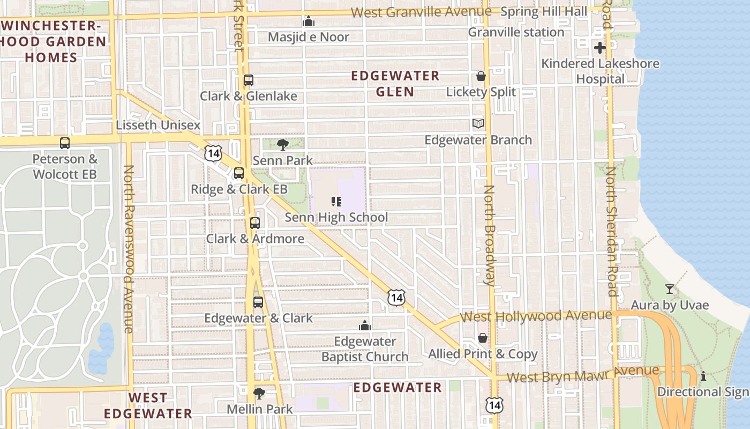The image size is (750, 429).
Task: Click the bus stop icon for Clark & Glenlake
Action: point(248,80)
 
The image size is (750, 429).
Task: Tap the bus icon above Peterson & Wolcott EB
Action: point(65,143)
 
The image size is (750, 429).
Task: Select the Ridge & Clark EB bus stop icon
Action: point(239,173)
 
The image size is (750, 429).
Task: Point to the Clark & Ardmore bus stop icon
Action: point(255,223)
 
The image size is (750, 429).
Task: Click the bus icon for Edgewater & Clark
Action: point(258,302)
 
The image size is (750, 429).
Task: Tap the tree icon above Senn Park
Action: point(282,144)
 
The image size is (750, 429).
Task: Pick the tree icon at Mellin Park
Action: point(259,393)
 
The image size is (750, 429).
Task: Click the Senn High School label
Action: point(336,217)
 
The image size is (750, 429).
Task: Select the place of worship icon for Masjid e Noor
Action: point(308,21)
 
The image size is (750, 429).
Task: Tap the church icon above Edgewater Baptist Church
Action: point(365,326)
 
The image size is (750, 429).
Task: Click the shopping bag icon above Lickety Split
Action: point(481,76)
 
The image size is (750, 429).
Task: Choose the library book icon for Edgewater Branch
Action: point(478,124)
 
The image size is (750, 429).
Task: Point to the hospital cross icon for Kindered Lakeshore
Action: point(599,48)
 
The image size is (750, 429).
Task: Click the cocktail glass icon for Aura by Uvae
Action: point(669,290)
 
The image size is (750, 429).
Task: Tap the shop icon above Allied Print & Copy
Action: point(483,338)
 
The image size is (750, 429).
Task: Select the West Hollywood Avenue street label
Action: point(536,315)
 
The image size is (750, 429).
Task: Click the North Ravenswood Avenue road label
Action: point(129,249)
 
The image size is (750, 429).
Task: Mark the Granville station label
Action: point(516,32)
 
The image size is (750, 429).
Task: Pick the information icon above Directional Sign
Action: point(703,376)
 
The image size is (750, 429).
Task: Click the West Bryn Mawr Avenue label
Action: point(583,373)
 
